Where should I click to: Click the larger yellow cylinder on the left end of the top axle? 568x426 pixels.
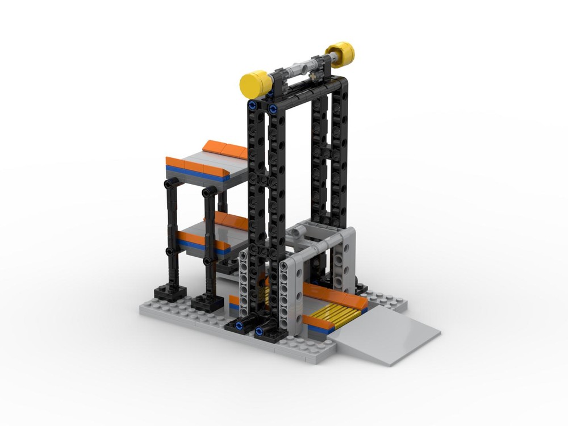coord(256,84)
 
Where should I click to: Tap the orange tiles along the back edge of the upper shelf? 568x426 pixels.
coord(224,149)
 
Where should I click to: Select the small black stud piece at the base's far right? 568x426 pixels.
coord(360,286)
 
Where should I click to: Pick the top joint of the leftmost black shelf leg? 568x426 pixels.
coord(169,184)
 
